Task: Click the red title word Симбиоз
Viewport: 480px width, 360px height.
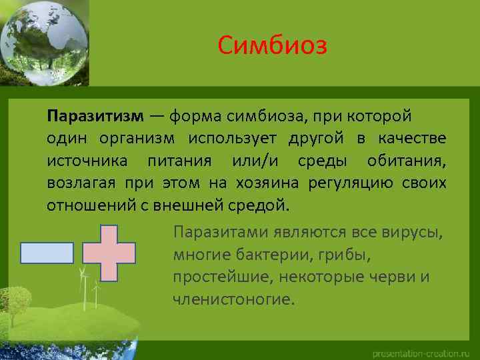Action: pyautogui.click(x=273, y=46)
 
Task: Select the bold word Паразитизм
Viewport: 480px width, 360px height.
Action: pyautogui.click(x=95, y=116)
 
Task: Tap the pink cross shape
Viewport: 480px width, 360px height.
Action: pyautogui.click(x=109, y=253)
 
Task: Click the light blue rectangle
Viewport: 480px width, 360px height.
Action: pyautogui.click(x=47, y=253)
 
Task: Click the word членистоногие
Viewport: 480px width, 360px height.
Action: pyautogui.click(x=233, y=298)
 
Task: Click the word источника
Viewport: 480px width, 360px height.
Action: pyautogui.click(x=84, y=160)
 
